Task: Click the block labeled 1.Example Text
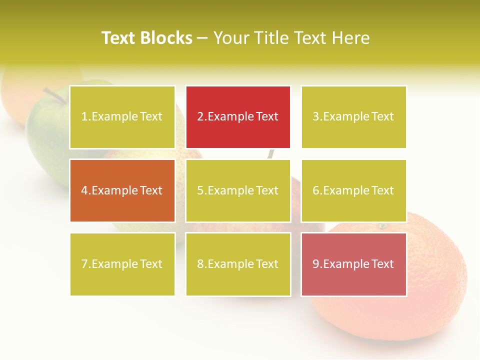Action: (122, 117)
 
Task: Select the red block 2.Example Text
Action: (238, 117)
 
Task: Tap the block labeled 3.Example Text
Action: (353, 117)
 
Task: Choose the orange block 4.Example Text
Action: (122, 190)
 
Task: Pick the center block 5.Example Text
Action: (238, 190)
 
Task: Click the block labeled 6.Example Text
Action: (353, 190)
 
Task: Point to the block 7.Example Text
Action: (122, 264)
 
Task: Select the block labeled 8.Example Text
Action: (238, 264)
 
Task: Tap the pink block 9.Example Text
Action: (353, 264)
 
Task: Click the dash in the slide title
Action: (202, 38)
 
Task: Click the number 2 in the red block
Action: (200, 117)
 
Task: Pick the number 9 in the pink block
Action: (316, 264)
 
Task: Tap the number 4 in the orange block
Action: (84, 190)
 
